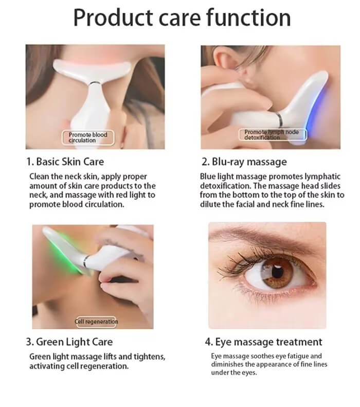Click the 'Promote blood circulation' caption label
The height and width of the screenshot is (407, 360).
click(88, 137)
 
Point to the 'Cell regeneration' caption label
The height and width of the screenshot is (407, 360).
click(96, 322)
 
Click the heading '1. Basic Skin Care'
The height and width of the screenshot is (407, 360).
click(65, 162)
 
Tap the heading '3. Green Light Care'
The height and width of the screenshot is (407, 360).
click(69, 342)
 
